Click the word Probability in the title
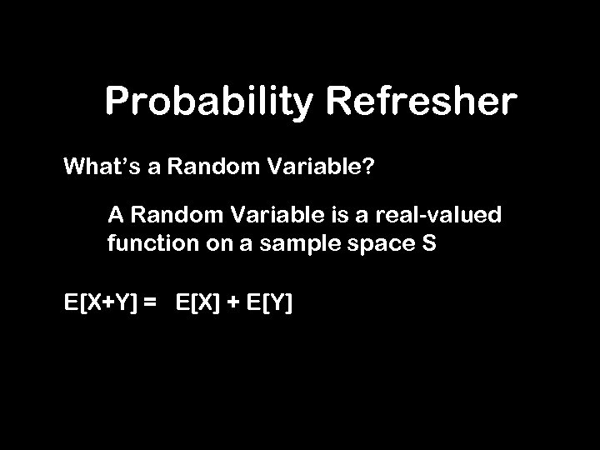[x=208, y=104]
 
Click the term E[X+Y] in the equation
[x=101, y=302]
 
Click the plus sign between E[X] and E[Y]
[x=232, y=302]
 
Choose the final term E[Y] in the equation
[x=269, y=302]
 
